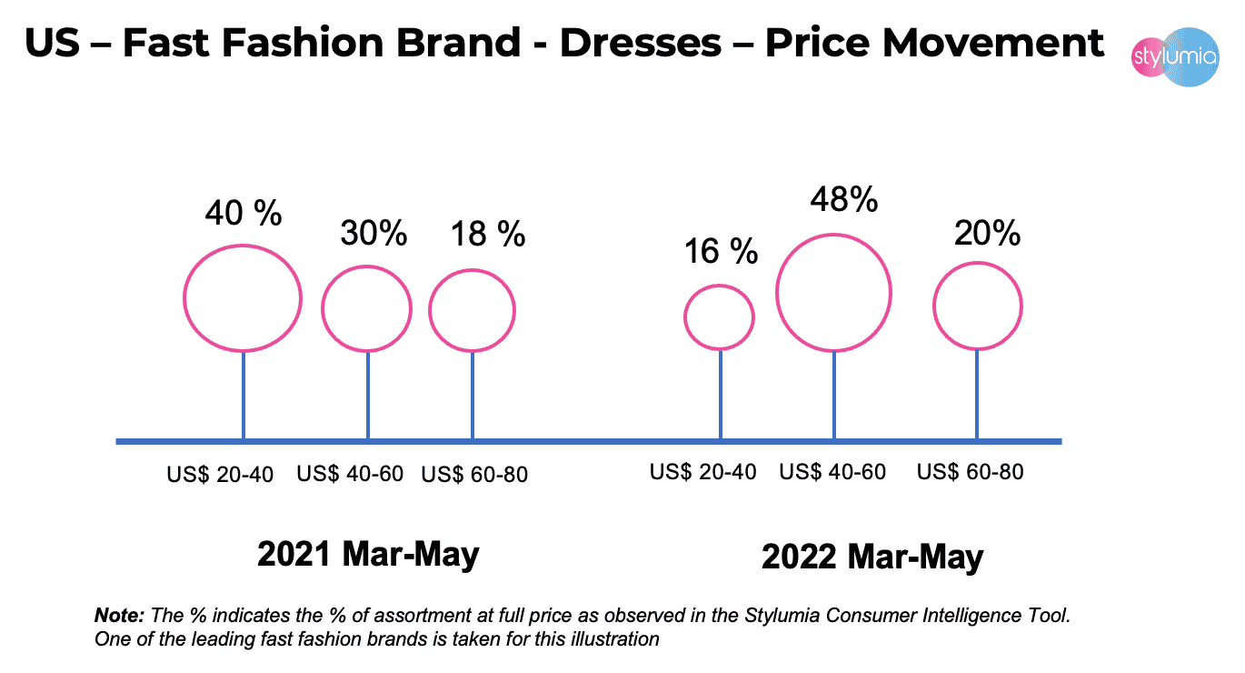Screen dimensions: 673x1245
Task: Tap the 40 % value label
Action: coord(243,216)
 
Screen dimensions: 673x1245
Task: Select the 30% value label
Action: coord(373,234)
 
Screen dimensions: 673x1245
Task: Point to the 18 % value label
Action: coord(488,234)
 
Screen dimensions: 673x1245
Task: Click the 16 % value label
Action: coord(721,250)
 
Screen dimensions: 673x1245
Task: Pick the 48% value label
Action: coord(844,199)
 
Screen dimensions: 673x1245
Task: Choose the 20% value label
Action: coord(987,234)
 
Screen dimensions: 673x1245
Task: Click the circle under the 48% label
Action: coord(833,293)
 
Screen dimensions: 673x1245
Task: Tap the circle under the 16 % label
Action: coord(719,316)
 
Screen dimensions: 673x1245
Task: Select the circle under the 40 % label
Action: coord(243,297)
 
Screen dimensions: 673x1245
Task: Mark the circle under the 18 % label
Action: coord(472,310)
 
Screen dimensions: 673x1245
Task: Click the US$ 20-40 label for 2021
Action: coord(220,476)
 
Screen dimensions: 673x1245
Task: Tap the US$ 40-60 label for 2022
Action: coord(832,472)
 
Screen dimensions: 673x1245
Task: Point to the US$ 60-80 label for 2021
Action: coord(475,476)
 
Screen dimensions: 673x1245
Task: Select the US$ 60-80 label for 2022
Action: coord(970,472)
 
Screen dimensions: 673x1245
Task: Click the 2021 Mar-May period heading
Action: coord(368,554)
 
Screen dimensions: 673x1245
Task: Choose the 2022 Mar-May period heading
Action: coord(872,557)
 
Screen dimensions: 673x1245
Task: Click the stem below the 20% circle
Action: coord(977,395)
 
